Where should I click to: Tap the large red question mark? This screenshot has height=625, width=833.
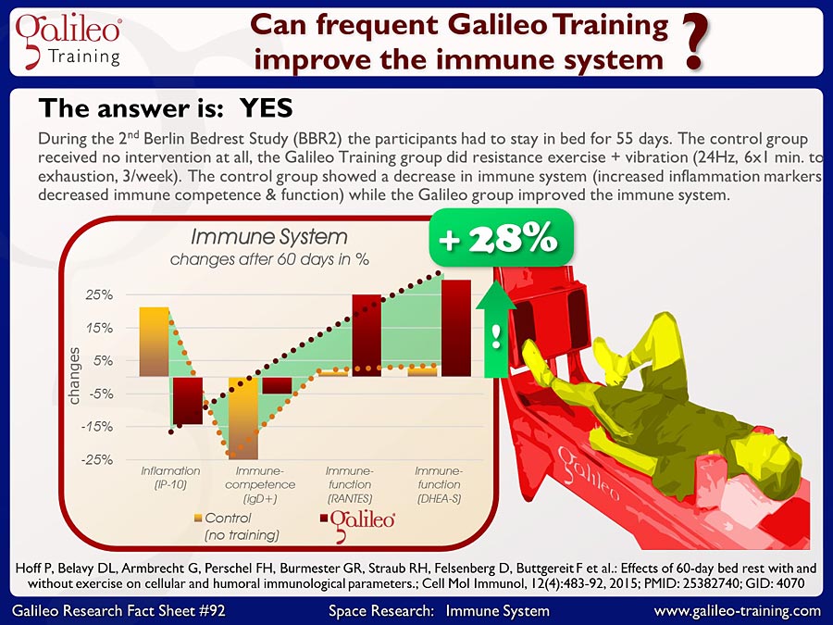click(695, 43)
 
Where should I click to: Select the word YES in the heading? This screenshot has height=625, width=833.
click(267, 108)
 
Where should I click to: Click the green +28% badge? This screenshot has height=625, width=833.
click(501, 238)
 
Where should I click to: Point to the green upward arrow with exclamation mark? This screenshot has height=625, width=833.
click(496, 330)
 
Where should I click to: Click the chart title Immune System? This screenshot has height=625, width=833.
click(268, 237)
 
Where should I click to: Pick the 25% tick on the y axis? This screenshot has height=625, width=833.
click(99, 295)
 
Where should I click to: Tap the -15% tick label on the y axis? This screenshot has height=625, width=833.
click(97, 427)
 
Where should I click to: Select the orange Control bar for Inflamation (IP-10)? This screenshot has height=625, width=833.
click(154, 342)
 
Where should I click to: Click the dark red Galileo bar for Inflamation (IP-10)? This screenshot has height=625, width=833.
click(188, 401)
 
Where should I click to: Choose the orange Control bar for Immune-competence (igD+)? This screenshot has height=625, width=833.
click(243, 419)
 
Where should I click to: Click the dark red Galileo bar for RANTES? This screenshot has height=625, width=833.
click(367, 335)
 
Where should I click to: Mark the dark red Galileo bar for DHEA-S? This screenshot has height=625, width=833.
click(456, 328)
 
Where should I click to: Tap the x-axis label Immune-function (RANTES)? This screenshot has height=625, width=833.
click(350, 484)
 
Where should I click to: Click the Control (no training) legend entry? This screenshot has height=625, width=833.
click(237, 527)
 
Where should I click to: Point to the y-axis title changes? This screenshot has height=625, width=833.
click(74, 376)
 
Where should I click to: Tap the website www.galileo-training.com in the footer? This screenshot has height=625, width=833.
click(738, 611)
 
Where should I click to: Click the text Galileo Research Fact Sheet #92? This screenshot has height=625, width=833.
click(118, 611)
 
